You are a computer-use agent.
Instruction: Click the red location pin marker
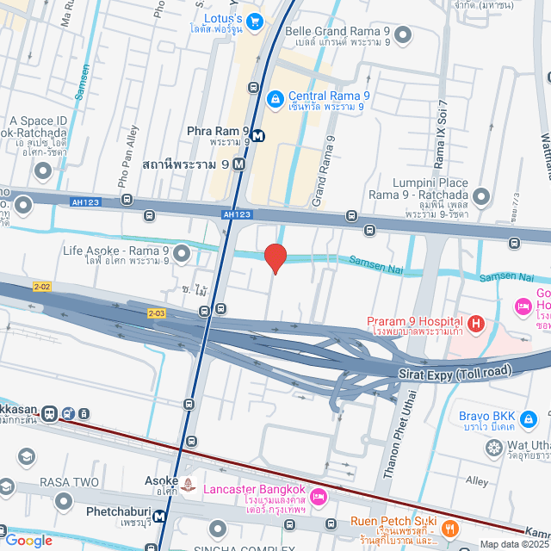(x=275, y=258)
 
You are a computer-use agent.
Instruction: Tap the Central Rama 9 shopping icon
(x=275, y=100)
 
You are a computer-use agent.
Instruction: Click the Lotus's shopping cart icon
(x=254, y=19)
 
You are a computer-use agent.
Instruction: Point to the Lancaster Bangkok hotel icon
(x=318, y=497)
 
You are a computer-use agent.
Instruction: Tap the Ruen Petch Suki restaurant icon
(x=452, y=528)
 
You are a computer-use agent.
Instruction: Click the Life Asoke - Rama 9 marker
(x=181, y=253)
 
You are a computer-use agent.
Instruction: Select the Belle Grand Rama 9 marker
(x=402, y=35)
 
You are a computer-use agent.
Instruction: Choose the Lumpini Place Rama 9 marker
(x=480, y=198)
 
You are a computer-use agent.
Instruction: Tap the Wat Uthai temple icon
(x=494, y=447)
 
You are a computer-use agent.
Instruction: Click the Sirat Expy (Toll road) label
(x=455, y=371)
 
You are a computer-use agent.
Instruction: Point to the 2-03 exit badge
(x=156, y=313)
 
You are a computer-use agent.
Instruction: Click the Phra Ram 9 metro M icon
(x=258, y=133)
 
